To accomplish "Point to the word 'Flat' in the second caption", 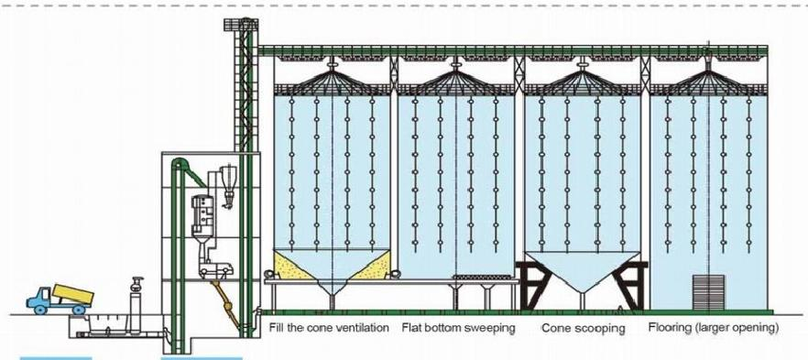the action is point(411,327).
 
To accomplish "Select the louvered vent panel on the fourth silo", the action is point(704,292).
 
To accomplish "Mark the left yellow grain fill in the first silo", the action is point(294,269).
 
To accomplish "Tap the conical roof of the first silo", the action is point(331,79).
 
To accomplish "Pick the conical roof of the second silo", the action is point(456,79).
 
